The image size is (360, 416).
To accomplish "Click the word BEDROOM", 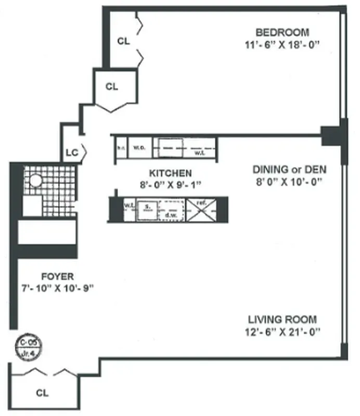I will pyautogui.click(x=286, y=32).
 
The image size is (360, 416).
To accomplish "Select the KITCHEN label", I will pyautogui.click(x=170, y=173).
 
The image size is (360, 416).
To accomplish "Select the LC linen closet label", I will pyautogui.click(x=72, y=153).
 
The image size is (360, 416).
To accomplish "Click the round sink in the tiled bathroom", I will pyautogui.click(x=35, y=180).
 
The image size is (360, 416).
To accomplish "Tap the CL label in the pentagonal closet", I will pyautogui.click(x=112, y=87).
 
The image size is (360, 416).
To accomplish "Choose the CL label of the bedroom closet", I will pyautogui.click(x=123, y=40).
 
